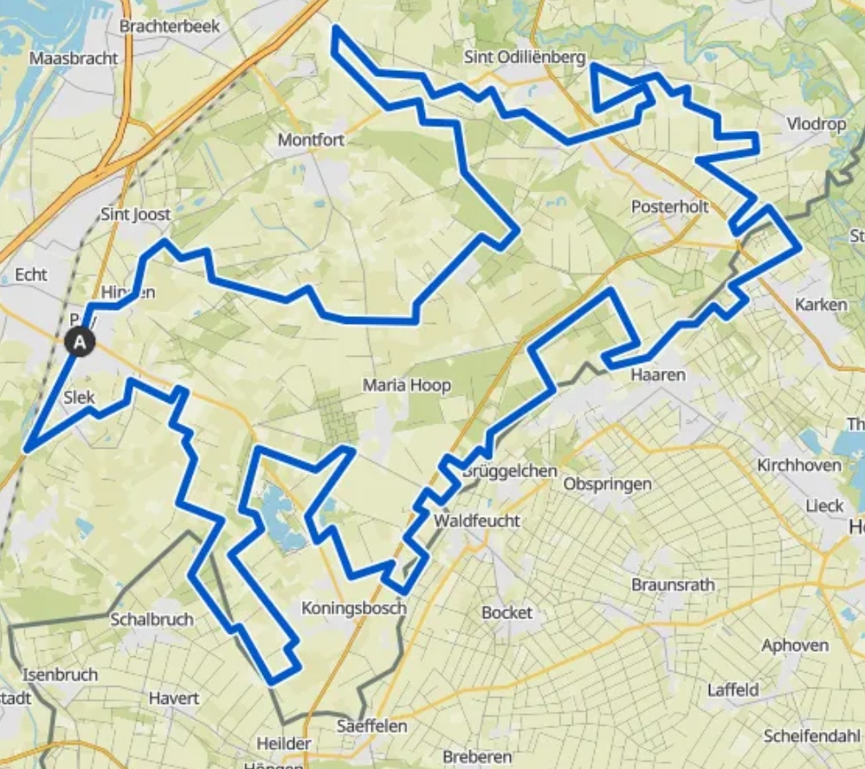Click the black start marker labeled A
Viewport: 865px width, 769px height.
80,342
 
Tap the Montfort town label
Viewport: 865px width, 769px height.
311,139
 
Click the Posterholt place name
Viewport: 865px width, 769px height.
670,207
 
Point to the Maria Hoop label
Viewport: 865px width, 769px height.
407,385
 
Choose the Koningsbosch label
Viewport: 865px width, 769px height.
353,608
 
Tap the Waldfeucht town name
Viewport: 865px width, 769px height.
477,520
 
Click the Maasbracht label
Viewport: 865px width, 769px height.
73,59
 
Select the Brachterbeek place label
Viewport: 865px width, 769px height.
170,26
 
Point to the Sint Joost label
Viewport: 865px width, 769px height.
136,214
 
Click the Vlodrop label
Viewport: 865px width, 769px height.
817,124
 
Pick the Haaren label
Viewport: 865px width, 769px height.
658,375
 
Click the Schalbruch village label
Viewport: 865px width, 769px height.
152,619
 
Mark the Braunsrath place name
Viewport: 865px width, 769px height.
674,585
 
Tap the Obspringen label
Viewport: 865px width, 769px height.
607,483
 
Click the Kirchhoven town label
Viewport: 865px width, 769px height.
799,465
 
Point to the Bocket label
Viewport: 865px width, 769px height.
507,612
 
